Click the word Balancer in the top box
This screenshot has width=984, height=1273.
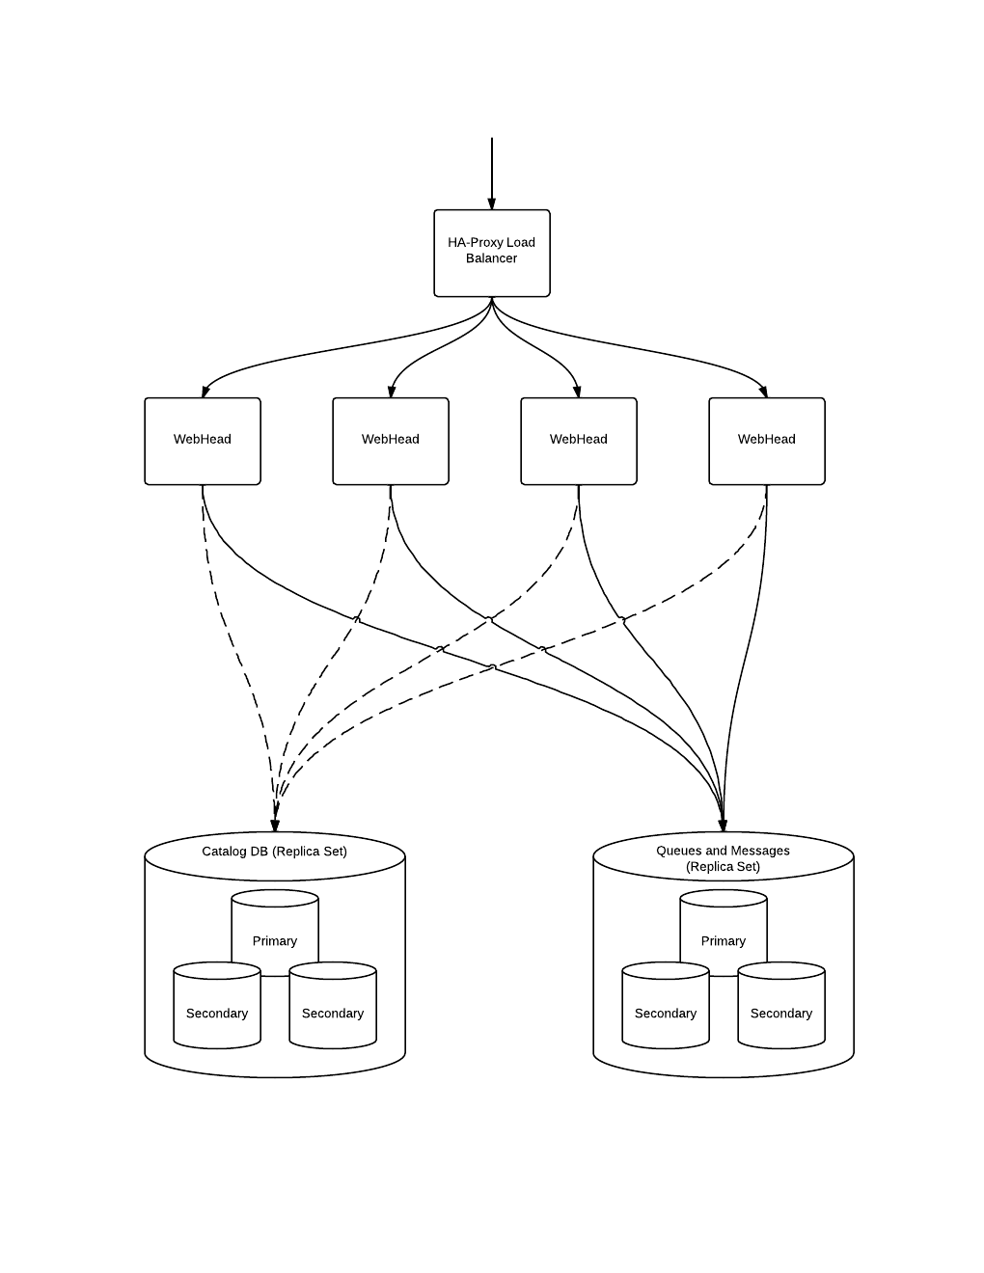click(x=492, y=258)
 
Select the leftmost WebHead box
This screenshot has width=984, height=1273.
click(x=203, y=441)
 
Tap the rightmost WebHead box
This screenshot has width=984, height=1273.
click(x=767, y=441)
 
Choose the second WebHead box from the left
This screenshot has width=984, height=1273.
click(x=391, y=441)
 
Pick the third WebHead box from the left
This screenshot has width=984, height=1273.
click(x=579, y=441)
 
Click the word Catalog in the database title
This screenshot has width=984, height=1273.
click(x=223, y=852)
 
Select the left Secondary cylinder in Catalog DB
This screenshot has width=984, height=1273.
click(x=217, y=1013)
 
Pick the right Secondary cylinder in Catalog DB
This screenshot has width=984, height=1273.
click(x=333, y=1013)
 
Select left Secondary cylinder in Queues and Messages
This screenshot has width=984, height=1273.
click(x=666, y=1013)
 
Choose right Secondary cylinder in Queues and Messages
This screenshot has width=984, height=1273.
click(x=781, y=1013)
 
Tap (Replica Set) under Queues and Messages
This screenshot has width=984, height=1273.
click(x=724, y=867)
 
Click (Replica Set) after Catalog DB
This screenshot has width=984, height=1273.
click(x=310, y=852)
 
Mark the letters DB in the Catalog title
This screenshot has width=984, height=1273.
click(x=259, y=852)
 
